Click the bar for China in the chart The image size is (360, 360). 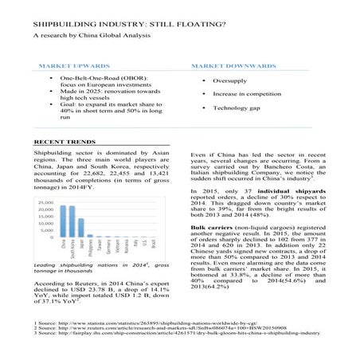62,221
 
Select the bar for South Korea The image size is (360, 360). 72,221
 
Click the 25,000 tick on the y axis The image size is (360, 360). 45,204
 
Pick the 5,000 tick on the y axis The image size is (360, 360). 46,230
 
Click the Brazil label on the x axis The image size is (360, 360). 155,244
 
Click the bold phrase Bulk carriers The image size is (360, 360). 210,228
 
